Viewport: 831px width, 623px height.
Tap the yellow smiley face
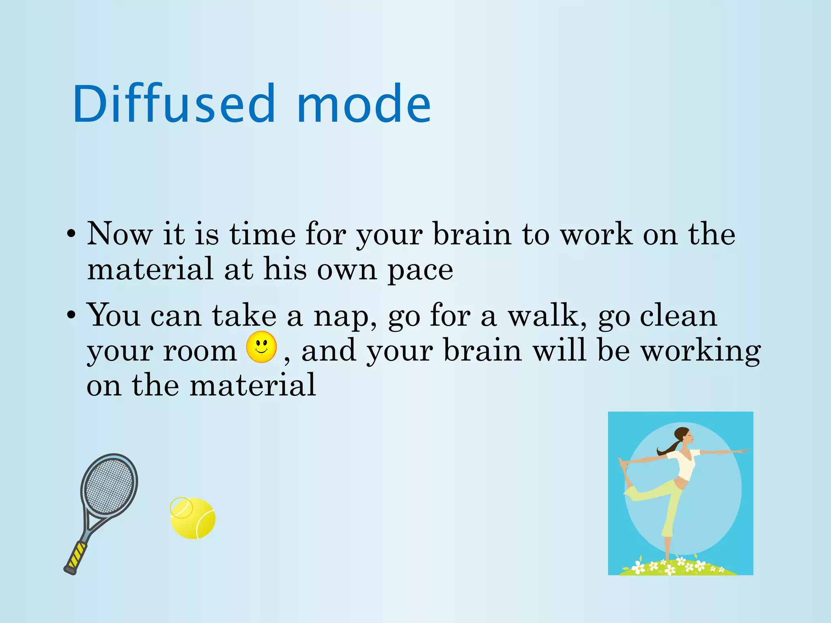point(262,347)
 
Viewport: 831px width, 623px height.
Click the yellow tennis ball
point(193,518)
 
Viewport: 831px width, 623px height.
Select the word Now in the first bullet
point(120,234)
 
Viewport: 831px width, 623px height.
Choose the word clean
point(678,316)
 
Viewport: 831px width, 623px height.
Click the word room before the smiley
point(200,351)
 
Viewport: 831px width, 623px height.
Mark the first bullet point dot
point(71,234)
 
